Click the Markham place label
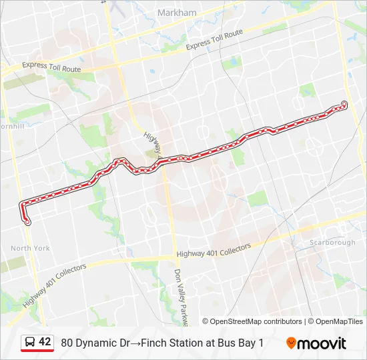[x=177, y=13]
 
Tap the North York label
[x=30, y=248]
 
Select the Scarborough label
[x=332, y=243]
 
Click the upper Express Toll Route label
[x=214, y=40]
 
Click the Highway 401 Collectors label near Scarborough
[x=214, y=251]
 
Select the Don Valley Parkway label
[x=181, y=297]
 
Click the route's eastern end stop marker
[x=344, y=103]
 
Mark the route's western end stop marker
[x=27, y=223]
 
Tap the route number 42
[x=45, y=342]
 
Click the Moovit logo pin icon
[x=292, y=343]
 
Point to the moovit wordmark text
[x=322, y=343]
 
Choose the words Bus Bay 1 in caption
[x=242, y=343]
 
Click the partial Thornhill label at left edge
[x=12, y=125]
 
